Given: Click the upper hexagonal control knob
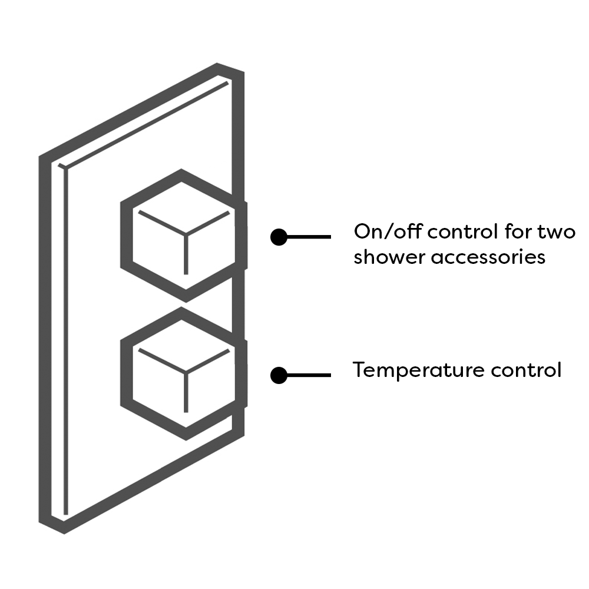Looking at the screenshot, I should [184, 236].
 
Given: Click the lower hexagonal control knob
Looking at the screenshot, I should [184, 373].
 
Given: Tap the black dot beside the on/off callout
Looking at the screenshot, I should [279, 237].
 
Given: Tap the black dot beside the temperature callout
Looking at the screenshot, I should [279, 375].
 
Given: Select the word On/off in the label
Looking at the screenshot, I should [387, 231].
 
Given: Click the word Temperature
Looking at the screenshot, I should [419, 370].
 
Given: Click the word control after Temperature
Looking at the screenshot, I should [526, 370].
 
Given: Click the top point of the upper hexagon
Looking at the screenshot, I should [182, 174].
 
